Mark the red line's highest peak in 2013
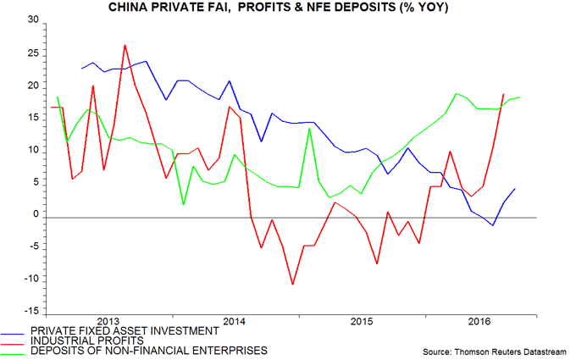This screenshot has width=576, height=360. coord(125,45)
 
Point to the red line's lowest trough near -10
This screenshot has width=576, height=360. coord(292,285)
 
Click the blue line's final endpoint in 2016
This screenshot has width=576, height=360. coord(515,189)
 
